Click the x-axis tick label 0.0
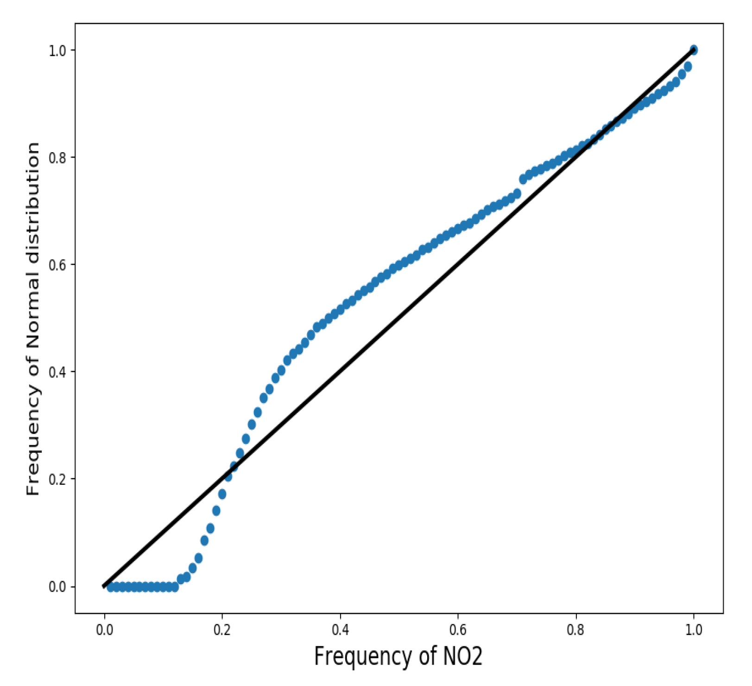pos(104,630)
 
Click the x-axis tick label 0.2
pos(222,630)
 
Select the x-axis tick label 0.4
pos(340,630)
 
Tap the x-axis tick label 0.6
pos(458,630)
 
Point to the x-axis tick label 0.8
pos(576,630)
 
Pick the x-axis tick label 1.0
pos(694,630)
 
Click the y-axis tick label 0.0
pos(58,586)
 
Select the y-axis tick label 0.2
pos(58,479)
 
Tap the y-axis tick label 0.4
pos(58,372)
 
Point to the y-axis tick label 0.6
pos(58,264)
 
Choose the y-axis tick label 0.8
pos(58,157)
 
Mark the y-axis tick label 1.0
pos(58,50)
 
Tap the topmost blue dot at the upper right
pos(694,50)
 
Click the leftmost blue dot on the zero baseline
pos(111,587)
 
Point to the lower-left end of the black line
pos(104,586)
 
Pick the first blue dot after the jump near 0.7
pos(523,179)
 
